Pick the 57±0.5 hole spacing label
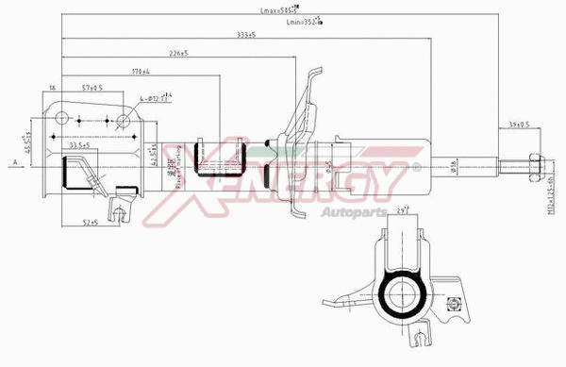click(92, 87)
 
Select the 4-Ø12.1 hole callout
click(155, 97)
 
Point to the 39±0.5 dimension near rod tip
click(516, 124)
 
